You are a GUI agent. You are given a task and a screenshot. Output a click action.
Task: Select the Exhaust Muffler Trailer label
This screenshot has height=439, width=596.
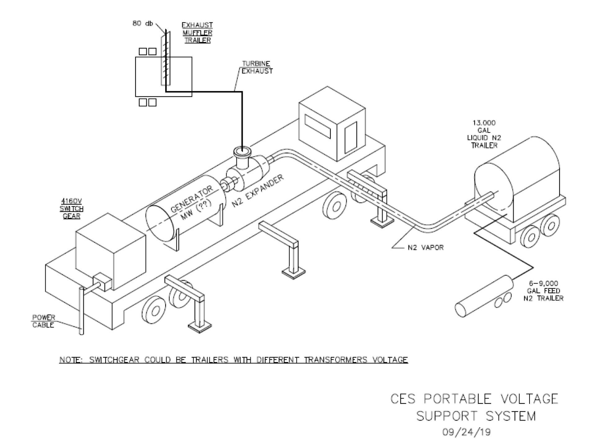(197, 32)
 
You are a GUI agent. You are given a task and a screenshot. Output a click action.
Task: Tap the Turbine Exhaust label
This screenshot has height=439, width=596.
(257, 67)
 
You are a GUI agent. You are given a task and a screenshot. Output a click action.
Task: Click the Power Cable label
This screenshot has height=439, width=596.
(43, 321)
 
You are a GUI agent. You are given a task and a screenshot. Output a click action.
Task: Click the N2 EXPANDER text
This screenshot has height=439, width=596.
(258, 191)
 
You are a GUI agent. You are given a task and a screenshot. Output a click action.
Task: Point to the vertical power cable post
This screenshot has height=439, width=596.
(82, 310)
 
